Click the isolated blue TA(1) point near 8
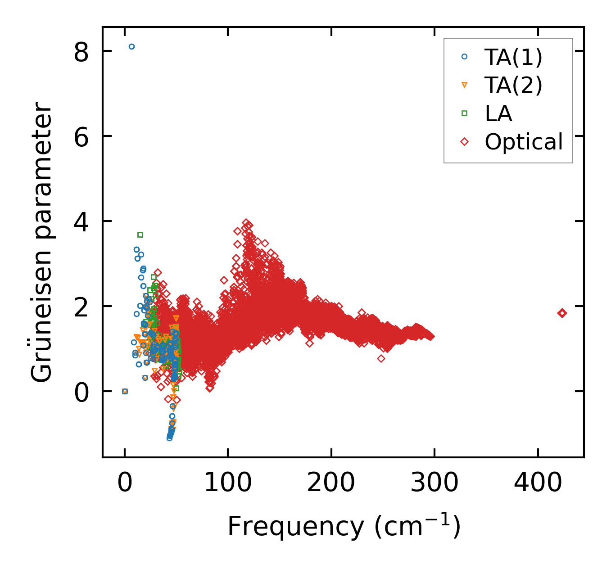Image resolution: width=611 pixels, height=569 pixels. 131,47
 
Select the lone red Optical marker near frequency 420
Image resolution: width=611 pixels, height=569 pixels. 562,313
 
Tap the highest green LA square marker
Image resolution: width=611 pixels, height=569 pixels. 140,235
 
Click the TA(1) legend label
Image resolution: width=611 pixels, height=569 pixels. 513,57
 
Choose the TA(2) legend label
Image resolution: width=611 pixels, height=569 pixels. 513,85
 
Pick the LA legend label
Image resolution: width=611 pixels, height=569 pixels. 498,113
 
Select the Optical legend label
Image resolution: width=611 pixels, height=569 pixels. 524,142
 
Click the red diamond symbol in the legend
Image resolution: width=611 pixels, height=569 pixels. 465,142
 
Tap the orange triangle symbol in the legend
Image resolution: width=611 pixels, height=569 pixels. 465,85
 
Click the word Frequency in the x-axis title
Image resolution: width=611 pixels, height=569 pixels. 295,527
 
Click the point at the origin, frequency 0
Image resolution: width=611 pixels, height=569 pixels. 125,391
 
